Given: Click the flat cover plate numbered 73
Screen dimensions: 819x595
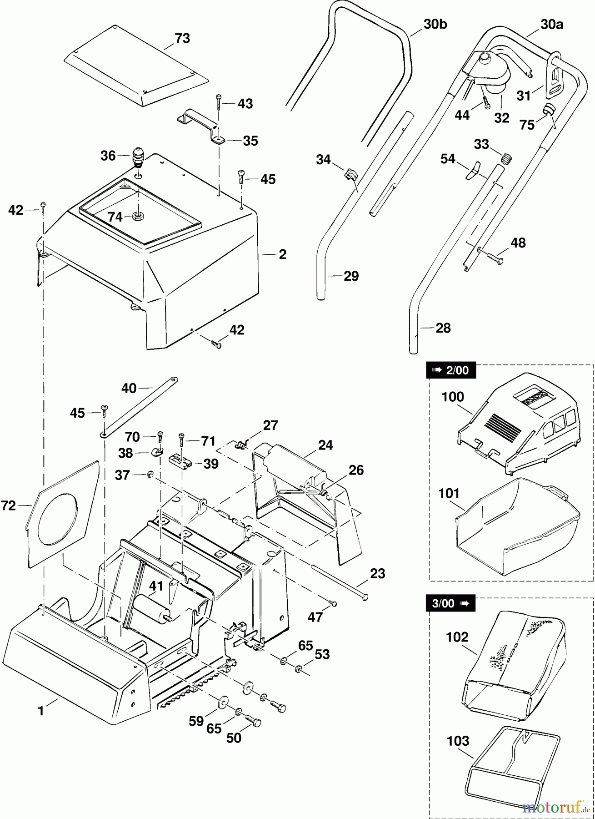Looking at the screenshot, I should [x=136, y=68].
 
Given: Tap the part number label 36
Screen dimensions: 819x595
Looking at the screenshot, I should [x=108, y=156].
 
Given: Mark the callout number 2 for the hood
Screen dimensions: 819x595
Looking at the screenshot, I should [x=282, y=254].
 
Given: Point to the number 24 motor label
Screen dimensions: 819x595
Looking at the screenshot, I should [x=325, y=445].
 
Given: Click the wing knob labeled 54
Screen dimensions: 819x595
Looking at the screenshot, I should [x=473, y=170].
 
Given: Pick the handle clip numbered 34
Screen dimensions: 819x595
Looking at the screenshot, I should [x=350, y=174].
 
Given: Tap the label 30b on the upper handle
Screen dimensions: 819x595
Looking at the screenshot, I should [x=435, y=24].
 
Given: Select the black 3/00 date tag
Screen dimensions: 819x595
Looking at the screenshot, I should [x=450, y=603].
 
